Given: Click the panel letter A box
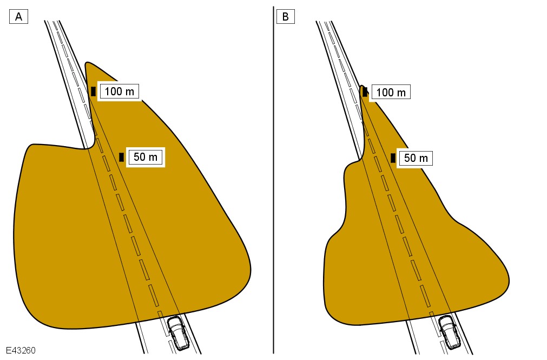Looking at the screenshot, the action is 18,17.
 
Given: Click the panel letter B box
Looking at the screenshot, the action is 285,17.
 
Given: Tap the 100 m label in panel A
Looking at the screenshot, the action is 120,91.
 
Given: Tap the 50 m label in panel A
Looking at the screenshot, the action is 146,157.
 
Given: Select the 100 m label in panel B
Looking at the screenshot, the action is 391,92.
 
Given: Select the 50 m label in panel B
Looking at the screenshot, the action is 416,158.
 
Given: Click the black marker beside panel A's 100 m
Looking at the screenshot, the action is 93,91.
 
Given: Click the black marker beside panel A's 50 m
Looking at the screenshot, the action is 121,157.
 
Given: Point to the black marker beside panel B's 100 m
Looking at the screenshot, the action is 365,92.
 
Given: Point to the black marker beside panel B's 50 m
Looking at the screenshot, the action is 393,158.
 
